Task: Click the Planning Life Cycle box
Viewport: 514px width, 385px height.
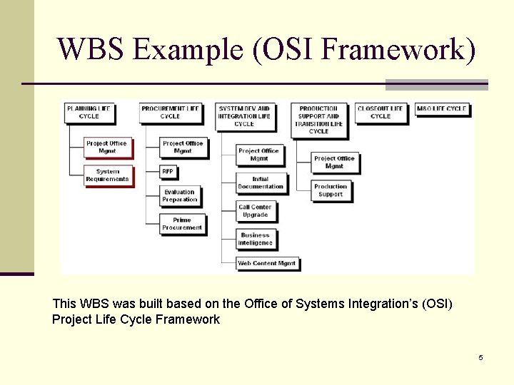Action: click(89, 113)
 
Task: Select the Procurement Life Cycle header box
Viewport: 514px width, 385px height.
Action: click(170, 113)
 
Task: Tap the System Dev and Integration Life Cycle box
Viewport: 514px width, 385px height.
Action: click(244, 116)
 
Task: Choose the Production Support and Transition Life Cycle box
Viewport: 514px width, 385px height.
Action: click(318, 120)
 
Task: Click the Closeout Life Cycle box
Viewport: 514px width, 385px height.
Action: click(381, 113)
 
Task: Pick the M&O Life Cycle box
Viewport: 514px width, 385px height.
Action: click(441, 109)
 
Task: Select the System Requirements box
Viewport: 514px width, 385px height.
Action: click(107, 175)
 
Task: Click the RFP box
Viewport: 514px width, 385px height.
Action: click(168, 172)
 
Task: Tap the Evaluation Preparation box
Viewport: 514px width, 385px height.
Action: click(180, 196)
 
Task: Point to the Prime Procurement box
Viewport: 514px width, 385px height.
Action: click(182, 224)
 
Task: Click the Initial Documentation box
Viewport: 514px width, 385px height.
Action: click(260, 183)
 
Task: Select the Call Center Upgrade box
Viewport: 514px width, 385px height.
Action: click(255, 211)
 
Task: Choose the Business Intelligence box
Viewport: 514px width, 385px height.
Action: click(256, 239)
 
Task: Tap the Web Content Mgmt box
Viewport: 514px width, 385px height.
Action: click(267, 263)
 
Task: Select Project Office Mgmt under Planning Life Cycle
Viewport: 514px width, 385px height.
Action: click(106, 147)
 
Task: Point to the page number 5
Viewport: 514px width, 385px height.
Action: click(480, 357)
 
